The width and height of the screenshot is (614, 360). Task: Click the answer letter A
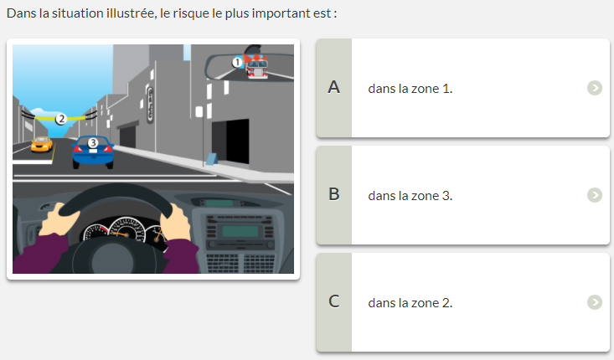click(x=333, y=87)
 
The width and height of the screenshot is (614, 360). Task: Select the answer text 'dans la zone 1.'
click(x=410, y=89)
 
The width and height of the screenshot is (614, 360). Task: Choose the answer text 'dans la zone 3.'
click(x=410, y=196)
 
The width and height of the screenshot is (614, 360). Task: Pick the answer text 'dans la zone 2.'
click(x=410, y=303)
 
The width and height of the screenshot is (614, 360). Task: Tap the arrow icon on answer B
click(x=595, y=195)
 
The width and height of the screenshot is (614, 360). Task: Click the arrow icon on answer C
click(x=595, y=302)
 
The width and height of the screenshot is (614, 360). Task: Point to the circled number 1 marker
click(x=237, y=62)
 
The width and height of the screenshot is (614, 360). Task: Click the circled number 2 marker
click(x=60, y=119)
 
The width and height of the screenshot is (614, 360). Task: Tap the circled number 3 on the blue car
click(x=93, y=143)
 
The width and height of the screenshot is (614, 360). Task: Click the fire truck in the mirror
click(x=257, y=66)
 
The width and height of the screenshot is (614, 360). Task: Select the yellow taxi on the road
click(x=42, y=144)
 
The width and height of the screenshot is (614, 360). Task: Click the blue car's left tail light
click(x=77, y=148)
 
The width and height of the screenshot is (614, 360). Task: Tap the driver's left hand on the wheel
click(x=57, y=219)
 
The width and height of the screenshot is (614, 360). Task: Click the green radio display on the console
click(x=240, y=231)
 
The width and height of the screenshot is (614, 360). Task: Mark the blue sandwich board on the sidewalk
click(x=211, y=159)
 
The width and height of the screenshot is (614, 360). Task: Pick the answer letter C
click(x=333, y=301)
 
